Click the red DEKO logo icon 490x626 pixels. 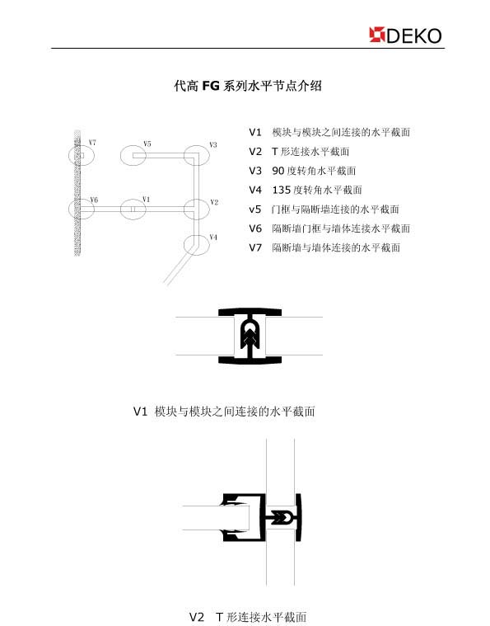tap(377, 35)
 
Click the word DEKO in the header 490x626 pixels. tap(414, 36)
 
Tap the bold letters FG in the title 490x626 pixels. tap(211, 86)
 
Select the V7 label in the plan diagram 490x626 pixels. tap(92, 142)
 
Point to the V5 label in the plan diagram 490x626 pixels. tap(147, 144)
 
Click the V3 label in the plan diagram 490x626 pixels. tap(213, 144)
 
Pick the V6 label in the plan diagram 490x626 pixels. tap(94, 200)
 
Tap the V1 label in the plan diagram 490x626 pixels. tap(146, 199)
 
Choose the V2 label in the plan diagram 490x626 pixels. tap(214, 202)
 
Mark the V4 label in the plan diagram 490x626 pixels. tap(213, 238)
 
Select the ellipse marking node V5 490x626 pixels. tap(120, 155)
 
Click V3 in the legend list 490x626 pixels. tap(255, 171)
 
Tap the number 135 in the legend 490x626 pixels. tap(282, 190)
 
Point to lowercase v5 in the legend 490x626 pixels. tap(255, 209)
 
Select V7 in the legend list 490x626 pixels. tap(255, 247)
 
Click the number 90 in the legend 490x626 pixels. tap(278, 171)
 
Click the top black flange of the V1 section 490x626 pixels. tap(250, 312)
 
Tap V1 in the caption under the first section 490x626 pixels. tap(140, 412)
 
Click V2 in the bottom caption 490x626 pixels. tap(197, 617)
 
